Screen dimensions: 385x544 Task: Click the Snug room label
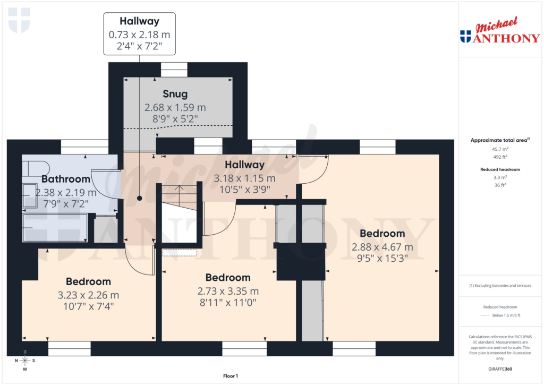click(x=175, y=94)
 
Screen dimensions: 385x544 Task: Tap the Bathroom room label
click(x=66, y=179)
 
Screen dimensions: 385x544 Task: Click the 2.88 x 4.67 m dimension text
click(x=382, y=247)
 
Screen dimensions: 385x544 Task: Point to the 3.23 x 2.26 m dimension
click(x=88, y=295)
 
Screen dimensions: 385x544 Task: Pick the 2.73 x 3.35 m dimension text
click(x=228, y=291)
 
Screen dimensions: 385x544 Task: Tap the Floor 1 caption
click(x=230, y=376)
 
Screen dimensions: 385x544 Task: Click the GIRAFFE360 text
click(x=499, y=369)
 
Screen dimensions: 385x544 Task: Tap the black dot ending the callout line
click(x=140, y=198)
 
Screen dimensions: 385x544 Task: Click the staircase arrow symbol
click(x=180, y=189)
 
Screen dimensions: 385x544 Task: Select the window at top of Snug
click(x=174, y=70)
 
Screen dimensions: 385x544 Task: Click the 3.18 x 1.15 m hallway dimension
click(x=244, y=178)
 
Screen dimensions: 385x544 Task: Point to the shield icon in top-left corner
click(x=20, y=20)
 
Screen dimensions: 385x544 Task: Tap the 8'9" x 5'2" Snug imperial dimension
click(x=175, y=119)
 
